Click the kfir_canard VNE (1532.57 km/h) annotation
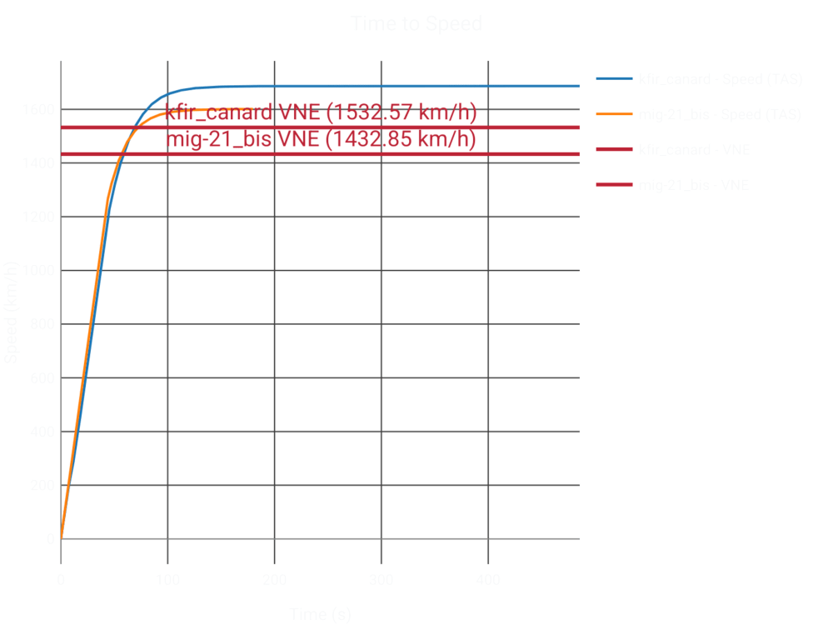(x=320, y=113)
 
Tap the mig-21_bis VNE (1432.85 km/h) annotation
(x=322, y=139)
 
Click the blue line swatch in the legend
(x=615, y=80)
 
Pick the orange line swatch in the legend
(x=615, y=115)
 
